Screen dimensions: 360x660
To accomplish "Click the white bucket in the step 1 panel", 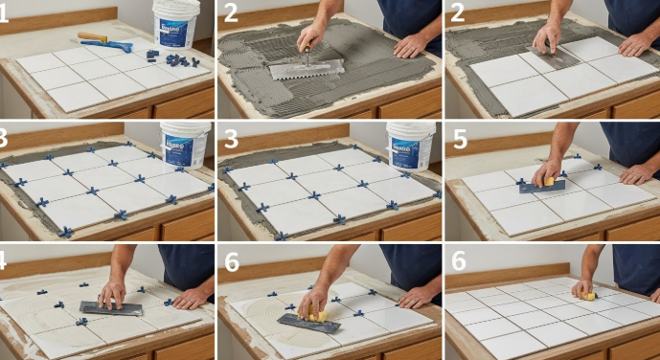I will click(x=176, y=23).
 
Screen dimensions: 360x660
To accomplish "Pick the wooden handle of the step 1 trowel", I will click(x=91, y=37).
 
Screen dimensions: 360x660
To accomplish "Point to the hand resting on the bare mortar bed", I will click(x=411, y=46).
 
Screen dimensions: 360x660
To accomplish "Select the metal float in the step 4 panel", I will click(x=110, y=308).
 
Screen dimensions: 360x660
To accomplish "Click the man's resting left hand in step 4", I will click(x=191, y=298).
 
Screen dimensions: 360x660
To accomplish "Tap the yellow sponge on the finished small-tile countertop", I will click(x=587, y=296).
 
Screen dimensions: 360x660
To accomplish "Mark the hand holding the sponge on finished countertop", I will click(x=582, y=287).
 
